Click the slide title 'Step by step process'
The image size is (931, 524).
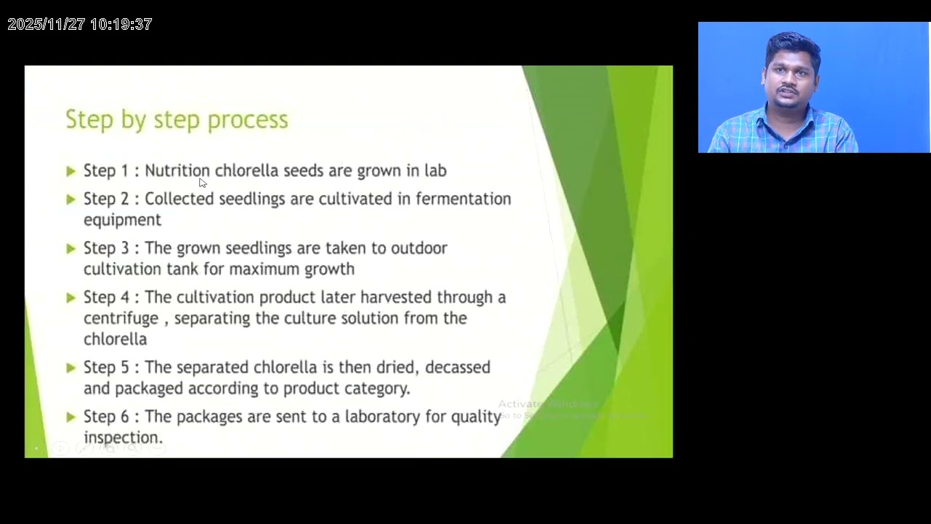coord(177,120)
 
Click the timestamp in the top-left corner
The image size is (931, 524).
coord(80,25)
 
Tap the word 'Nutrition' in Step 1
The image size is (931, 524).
coord(177,170)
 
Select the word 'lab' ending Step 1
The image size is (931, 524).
coord(435,170)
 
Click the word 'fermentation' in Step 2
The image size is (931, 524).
coord(463,199)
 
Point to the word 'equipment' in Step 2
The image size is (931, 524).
coord(122,220)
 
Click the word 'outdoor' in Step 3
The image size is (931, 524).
coord(419,248)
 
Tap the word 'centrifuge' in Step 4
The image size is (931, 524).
coord(121,319)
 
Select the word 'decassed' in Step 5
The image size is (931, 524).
coord(457,368)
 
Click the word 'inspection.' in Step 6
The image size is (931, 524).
coord(123,438)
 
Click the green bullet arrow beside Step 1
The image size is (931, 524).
coord(71,171)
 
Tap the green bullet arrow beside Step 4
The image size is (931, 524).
coord(71,298)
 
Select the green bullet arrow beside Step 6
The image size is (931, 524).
coord(71,417)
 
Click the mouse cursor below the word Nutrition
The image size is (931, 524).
coord(202,183)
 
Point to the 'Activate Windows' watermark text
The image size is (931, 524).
coord(548,404)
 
